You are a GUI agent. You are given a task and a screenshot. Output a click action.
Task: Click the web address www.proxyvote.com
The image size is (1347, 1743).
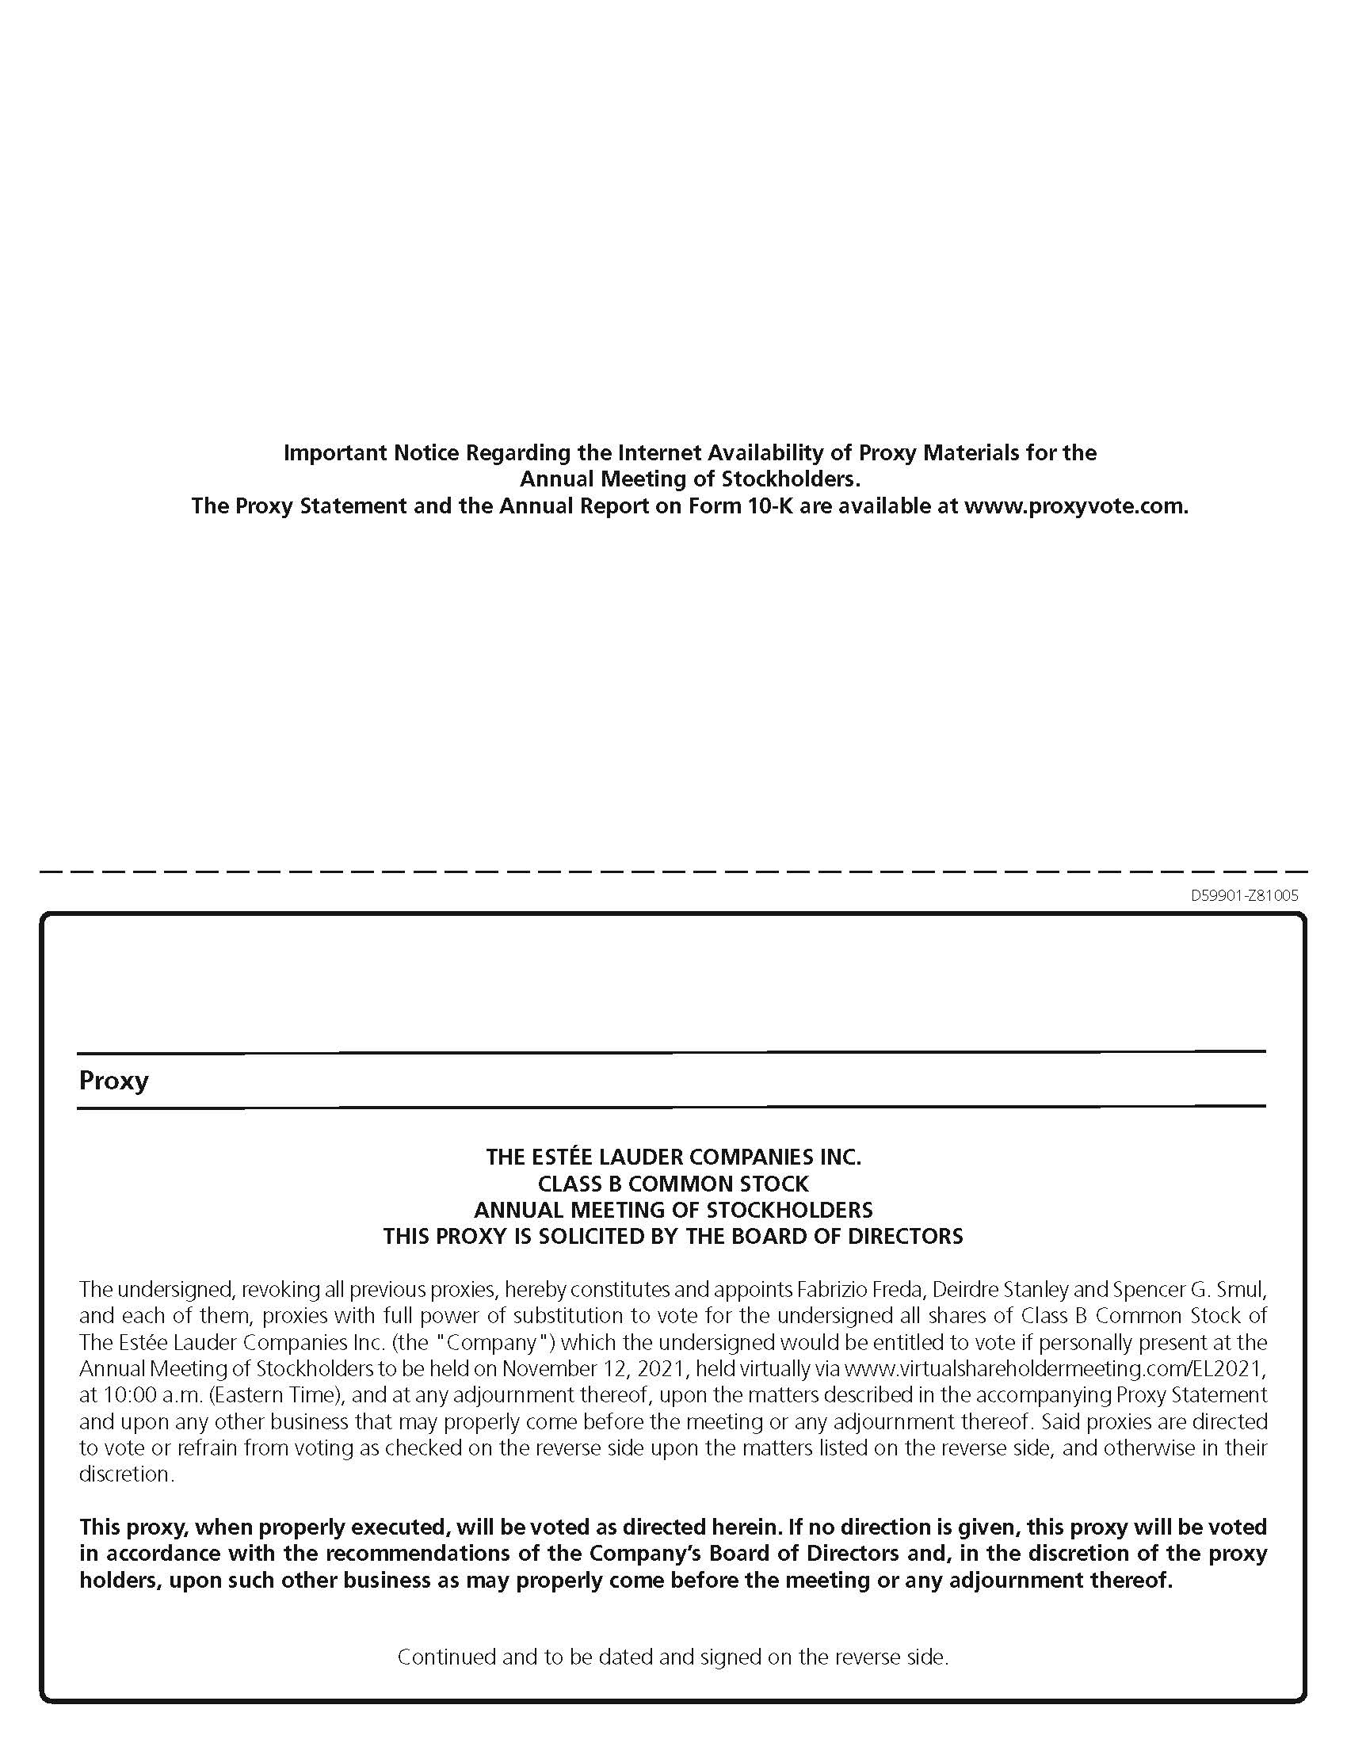tap(1076, 506)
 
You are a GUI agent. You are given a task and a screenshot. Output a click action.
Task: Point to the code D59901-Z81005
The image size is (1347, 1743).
tap(1244, 895)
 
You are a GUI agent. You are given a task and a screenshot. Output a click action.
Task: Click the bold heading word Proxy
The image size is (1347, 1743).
tap(113, 1081)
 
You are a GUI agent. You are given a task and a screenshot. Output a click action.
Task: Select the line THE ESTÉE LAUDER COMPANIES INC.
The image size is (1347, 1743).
tap(673, 1157)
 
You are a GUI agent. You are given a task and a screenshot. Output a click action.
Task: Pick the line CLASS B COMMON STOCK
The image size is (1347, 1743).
tap(673, 1183)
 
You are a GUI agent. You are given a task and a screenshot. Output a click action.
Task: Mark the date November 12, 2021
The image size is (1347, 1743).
tap(594, 1369)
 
